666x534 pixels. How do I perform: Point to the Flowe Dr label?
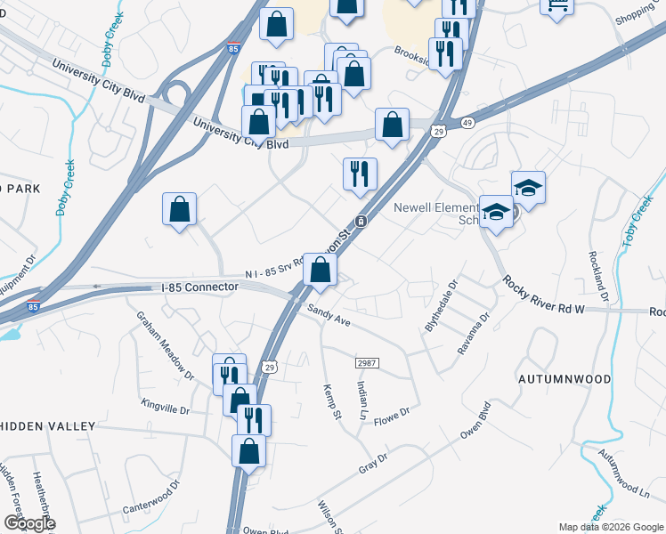pyautogui.click(x=391, y=416)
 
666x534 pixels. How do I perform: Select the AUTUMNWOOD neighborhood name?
pyautogui.click(x=564, y=379)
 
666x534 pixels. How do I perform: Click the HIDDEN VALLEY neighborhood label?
pyautogui.click(x=47, y=426)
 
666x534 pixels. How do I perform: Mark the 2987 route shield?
pyautogui.click(x=367, y=363)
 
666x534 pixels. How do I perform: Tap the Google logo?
pyautogui.click(x=28, y=523)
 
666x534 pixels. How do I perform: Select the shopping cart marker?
pyautogui.click(x=556, y=6)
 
